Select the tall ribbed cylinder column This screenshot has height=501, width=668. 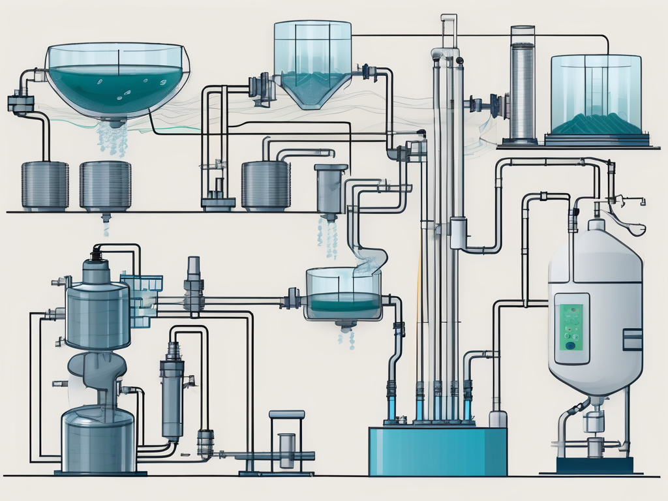coord(523,82)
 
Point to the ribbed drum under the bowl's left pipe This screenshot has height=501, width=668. coord(44,185)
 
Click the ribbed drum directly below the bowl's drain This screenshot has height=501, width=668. coord(105,185)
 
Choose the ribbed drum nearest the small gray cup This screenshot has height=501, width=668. coord(266,185)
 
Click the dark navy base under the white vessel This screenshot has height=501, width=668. coord(594,464)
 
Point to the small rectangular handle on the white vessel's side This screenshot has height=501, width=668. coord(633,339)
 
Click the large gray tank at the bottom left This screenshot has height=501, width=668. coord(99,434)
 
